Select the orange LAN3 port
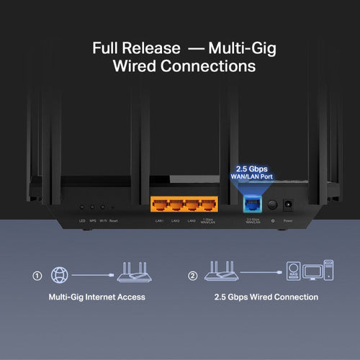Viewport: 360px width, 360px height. (192, 204)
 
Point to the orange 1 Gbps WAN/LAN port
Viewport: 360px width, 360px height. (209, 204)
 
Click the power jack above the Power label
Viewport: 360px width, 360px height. (288, 204)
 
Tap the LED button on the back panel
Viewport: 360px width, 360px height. (81, 207)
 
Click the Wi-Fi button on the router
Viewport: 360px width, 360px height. (104, 207)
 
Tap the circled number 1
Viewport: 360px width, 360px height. (37, 275)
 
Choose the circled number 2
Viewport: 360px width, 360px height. (192, 275)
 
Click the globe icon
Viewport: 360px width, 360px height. (59, 275)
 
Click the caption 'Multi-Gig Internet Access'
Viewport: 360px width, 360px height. (97, 297)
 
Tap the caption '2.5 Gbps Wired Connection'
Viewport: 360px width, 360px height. (266, 297)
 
